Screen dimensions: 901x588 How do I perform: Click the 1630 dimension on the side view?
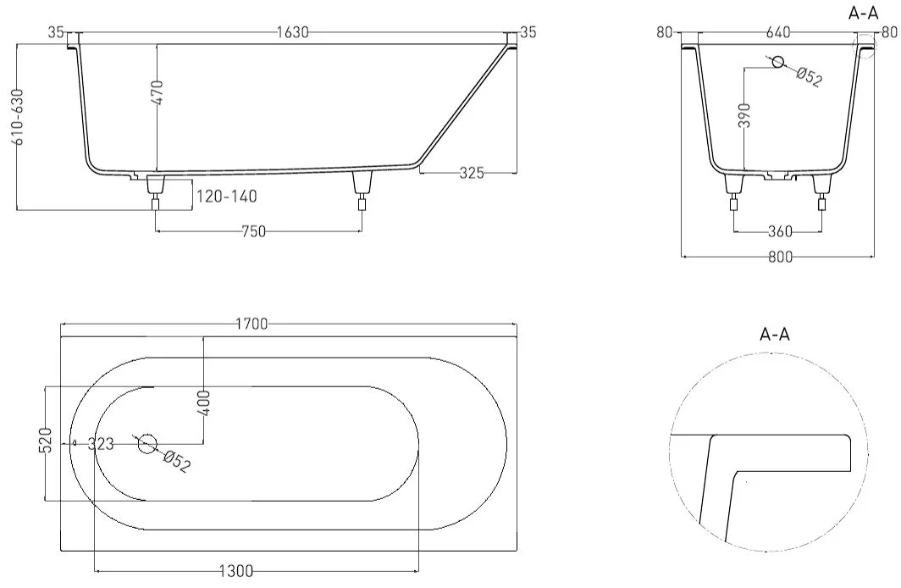pyautogui.click(x=292, y=32)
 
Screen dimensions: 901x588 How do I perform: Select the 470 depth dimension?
pyautogui.click(x=157, y=92)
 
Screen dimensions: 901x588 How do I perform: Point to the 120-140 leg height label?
pyautogui.click(x=227, y=197)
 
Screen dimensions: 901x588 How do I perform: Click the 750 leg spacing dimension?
pyautogui.click(x=253, y=231)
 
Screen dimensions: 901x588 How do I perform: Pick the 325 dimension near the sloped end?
pyautogui.click(x=472, y=173)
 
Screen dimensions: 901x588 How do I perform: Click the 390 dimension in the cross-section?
pyautogui.click(x=744, y=115)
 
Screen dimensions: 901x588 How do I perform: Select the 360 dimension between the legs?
pyautogui.click(x=780, y=231)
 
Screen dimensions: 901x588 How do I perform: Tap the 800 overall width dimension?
pyautogui.click(x=781, y=257)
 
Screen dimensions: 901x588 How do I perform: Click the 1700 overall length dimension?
pyautogui.click(x=252, y=325)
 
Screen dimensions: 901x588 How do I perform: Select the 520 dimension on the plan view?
pyautogui.click(x=47, y=440)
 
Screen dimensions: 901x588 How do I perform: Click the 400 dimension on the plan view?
pyautogui.click(x=207, y=403)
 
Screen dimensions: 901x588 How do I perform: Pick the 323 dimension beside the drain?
pyautogui.click(x=101, y=444)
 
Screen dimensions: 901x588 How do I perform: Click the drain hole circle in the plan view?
pyautogui.click(x=147, y=443)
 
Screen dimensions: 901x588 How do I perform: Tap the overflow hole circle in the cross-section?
pyautogui.click(x=777, y=62)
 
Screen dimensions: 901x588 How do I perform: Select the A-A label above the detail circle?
pyautogui.click(x=775, y=334)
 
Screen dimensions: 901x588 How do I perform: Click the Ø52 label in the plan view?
pyautogui.click(x=176, y=462)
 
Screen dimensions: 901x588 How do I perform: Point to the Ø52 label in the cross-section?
pyautogui.click(x=809, y=76)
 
